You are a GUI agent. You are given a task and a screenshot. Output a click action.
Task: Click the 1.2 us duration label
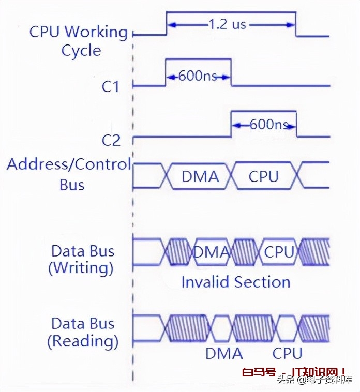tap(228, 24)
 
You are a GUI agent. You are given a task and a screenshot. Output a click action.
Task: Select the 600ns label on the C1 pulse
tap(198, 77)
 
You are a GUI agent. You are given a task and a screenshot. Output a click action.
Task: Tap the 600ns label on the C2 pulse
tap(268, 125)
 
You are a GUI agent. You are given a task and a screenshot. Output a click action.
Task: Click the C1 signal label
tap(110, 87)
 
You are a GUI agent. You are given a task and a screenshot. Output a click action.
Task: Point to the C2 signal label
tap(111, 140)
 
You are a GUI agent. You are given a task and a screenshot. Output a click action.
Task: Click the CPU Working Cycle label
tap(79, 41)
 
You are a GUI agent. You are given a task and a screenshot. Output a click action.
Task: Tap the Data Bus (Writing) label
tap(82, 260)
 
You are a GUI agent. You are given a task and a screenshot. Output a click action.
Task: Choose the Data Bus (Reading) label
tap(83, 332)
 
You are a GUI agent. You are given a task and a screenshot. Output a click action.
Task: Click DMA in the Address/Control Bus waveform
tap(200, 177)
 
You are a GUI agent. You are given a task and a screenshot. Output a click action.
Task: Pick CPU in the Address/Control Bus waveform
tap(263, 177)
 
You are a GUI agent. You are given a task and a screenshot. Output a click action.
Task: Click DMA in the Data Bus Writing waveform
tap(211, 252)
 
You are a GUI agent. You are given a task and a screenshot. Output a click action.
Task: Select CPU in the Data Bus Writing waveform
tap(279, 252)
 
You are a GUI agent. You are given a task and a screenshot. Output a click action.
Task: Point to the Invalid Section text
tap(235, 282)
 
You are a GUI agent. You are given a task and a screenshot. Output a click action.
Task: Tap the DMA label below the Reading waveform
tap(224, 354)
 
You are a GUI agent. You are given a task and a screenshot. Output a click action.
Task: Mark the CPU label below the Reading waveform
tap(287, 354)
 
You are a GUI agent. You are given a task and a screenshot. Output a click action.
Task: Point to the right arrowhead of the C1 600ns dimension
tap(228, 77)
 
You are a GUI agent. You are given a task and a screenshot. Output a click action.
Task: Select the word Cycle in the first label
tap(81, 51)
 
